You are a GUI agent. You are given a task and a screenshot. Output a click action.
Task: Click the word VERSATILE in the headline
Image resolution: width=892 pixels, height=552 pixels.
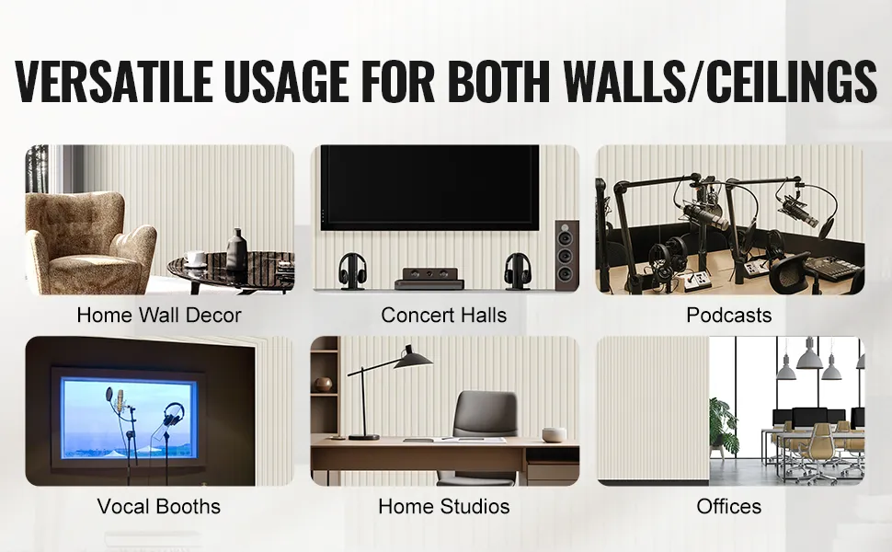pos(114,80)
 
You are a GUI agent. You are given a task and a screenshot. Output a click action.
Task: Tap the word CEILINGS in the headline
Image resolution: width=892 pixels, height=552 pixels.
pos(792,80)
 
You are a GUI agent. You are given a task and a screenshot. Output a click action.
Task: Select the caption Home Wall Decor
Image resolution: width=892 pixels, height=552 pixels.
pos(159,315)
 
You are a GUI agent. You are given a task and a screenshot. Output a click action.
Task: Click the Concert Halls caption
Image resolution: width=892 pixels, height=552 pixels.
pos(444,315)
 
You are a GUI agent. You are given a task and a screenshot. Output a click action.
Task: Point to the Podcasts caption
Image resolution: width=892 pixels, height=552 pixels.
pos(728,315)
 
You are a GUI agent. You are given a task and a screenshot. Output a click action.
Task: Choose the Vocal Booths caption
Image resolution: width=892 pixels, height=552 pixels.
pos(159,506)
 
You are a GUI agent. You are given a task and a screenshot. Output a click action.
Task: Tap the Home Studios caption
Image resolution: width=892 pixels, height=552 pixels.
pos(444,506)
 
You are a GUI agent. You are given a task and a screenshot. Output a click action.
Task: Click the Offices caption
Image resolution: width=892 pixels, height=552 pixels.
pos(728,506)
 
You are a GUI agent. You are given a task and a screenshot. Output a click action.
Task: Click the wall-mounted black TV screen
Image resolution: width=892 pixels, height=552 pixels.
pos(429,188)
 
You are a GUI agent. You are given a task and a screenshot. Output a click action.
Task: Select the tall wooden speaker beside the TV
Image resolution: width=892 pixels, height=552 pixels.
pos(566,254)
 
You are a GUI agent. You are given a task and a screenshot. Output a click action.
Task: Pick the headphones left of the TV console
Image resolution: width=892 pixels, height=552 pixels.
pos(352,270)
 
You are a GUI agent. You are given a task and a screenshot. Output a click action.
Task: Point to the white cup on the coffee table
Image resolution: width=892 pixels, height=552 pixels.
pos(195,259)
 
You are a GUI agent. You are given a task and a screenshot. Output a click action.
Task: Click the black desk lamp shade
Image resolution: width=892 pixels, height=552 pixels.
pos(413,359)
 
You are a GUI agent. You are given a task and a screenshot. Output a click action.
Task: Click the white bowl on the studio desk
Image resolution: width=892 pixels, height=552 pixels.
pos(555,435)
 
